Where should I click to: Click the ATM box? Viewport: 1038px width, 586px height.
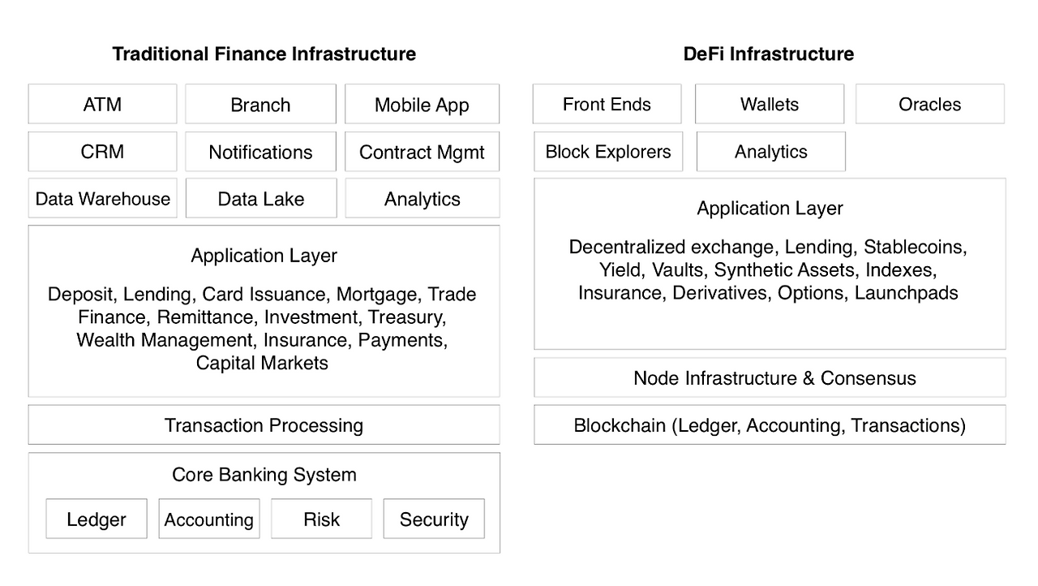[x=102, y=104]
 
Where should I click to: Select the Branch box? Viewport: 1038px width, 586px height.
[x=261, y=104]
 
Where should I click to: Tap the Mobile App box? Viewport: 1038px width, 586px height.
[x=422, y=104]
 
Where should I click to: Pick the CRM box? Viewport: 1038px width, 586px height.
[x=102, y=152]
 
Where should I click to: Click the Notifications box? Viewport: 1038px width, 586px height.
[x=261, y=152]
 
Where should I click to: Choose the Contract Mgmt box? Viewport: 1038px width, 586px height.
[x=422, y=152]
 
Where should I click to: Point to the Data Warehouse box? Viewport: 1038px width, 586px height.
[x=102, y=198]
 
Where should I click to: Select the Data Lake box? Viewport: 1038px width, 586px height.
[x=261, y=198]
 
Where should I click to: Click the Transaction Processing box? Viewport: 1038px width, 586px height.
[x=264, y=424]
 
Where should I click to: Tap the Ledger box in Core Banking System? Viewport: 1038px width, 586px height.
[x=97, y=519]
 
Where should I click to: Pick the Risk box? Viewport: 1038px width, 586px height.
[x=322, y=519]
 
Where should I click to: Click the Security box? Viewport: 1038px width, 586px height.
[x=434, y=519]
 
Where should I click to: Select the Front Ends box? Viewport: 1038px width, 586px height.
[x=607, y=104]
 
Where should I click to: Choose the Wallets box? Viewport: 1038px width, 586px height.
[x=770, y=104]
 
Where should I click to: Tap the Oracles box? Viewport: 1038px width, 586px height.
[x=930, y=104]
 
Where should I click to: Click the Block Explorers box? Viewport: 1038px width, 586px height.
[x=608, y=152]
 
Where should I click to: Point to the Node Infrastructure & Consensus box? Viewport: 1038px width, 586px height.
[x=770, y=377]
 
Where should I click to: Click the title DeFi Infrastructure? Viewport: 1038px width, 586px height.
[x=769, y=54]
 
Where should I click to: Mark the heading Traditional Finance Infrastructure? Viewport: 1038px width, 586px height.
[x=264, y=54]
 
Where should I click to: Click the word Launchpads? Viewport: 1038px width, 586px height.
[x=906, y=293]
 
